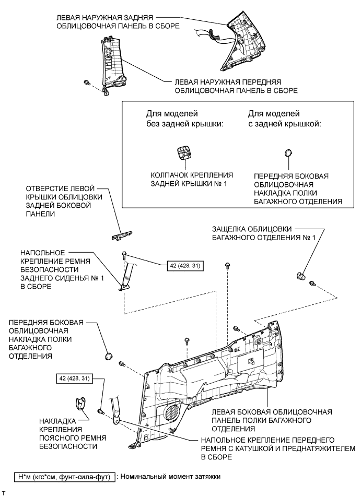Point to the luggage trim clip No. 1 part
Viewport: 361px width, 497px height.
pos(301,276)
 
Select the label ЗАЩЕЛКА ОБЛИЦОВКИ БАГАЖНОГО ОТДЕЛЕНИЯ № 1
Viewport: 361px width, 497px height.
pos(264,233)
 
